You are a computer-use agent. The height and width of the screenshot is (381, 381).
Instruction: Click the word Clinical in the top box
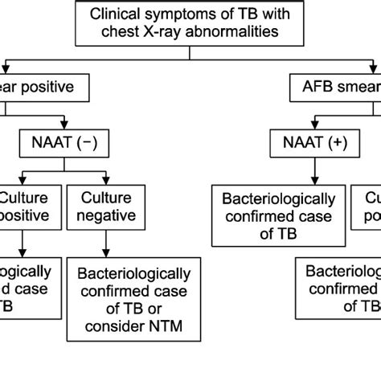pos(115,14)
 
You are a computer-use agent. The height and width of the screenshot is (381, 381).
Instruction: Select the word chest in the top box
pos(118,32)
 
